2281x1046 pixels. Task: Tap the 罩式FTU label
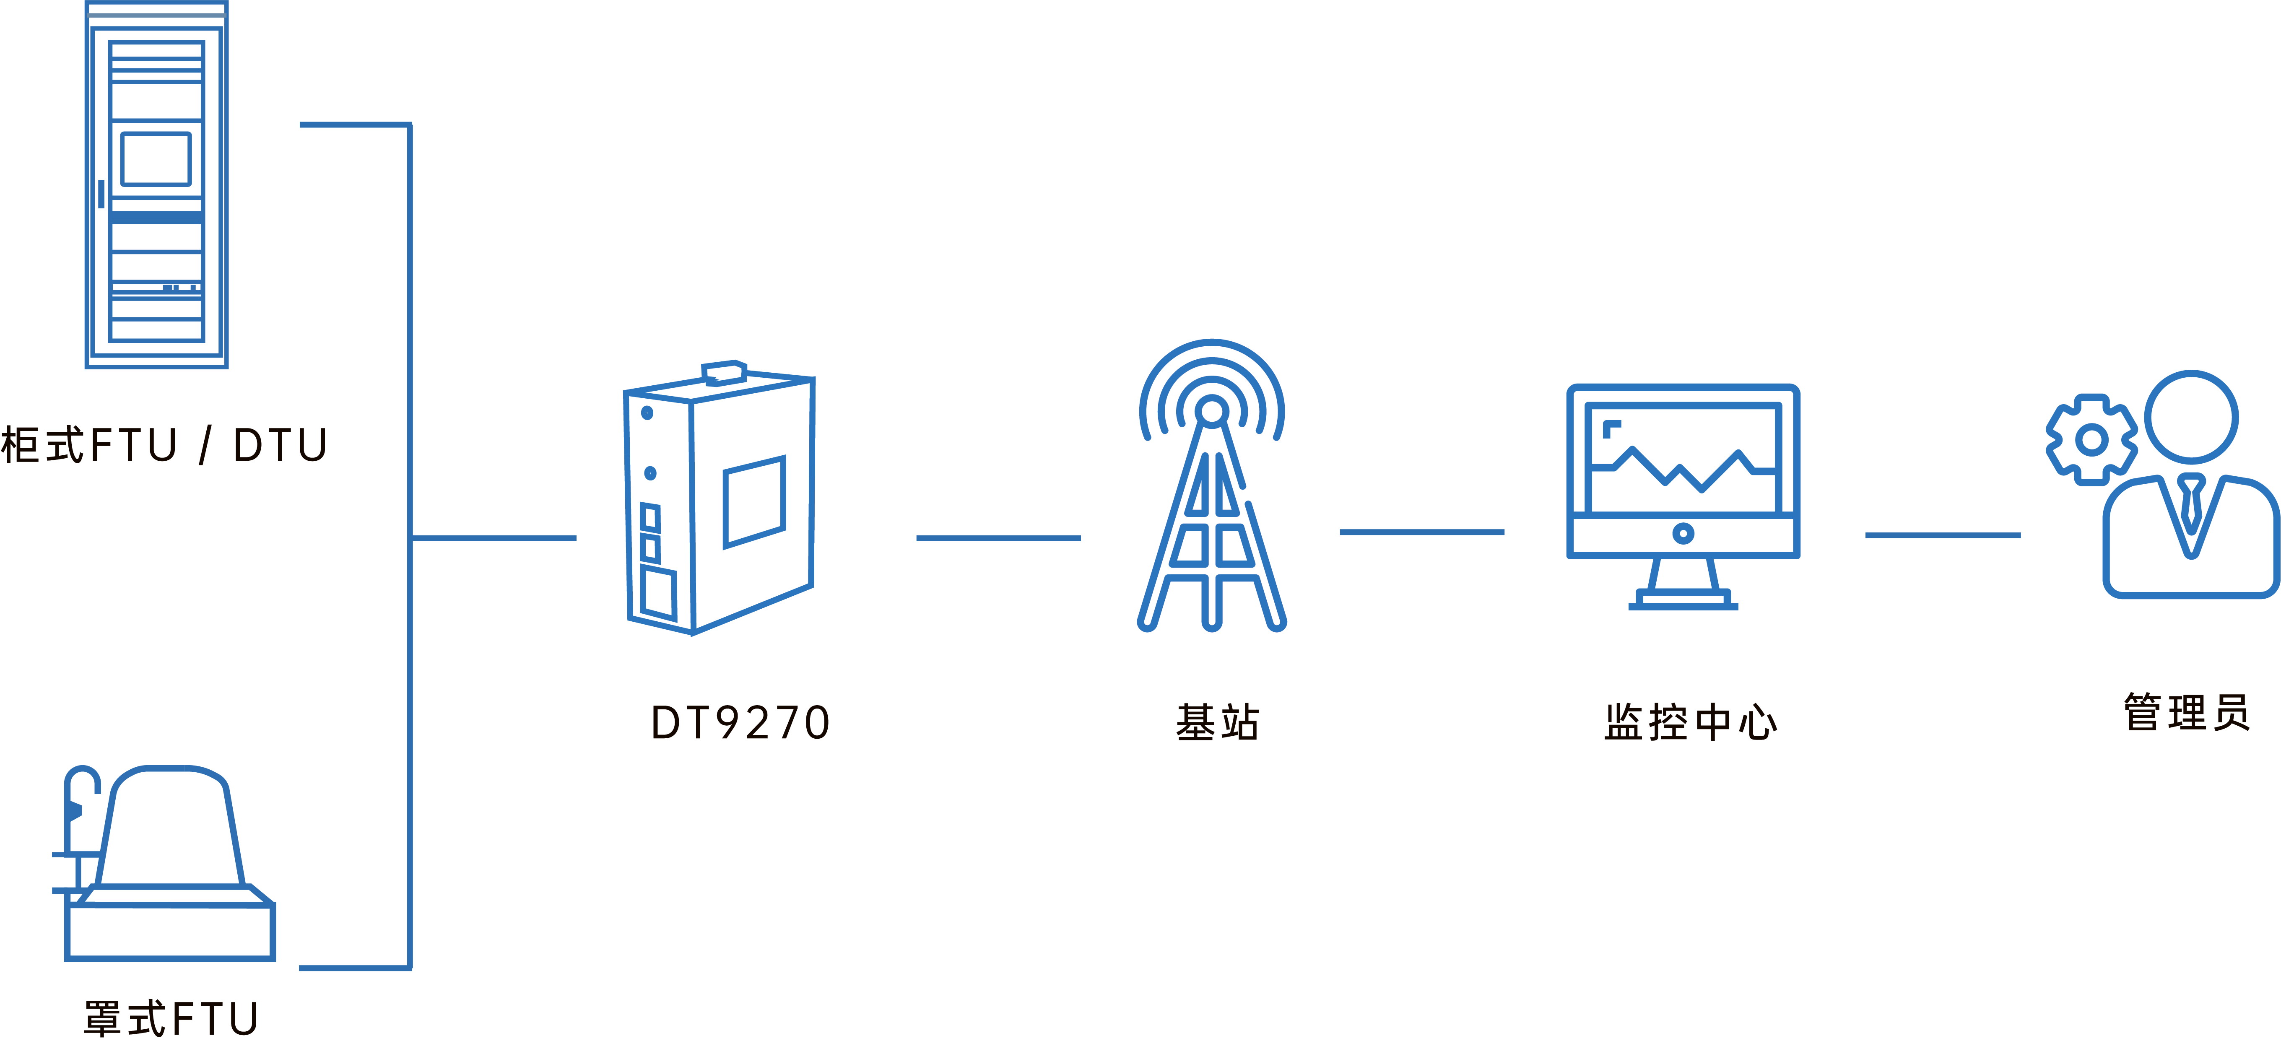tap(171, 1019)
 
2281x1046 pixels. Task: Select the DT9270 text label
tap(740, 723)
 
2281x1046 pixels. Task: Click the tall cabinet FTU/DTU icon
tap(157, 186)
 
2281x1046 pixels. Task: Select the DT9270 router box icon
tap(719, 501)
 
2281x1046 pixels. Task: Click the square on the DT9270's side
tap(753, 501)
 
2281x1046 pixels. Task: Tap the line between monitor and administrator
tap(1943, 535)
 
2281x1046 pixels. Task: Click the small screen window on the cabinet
tap(156, 159)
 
